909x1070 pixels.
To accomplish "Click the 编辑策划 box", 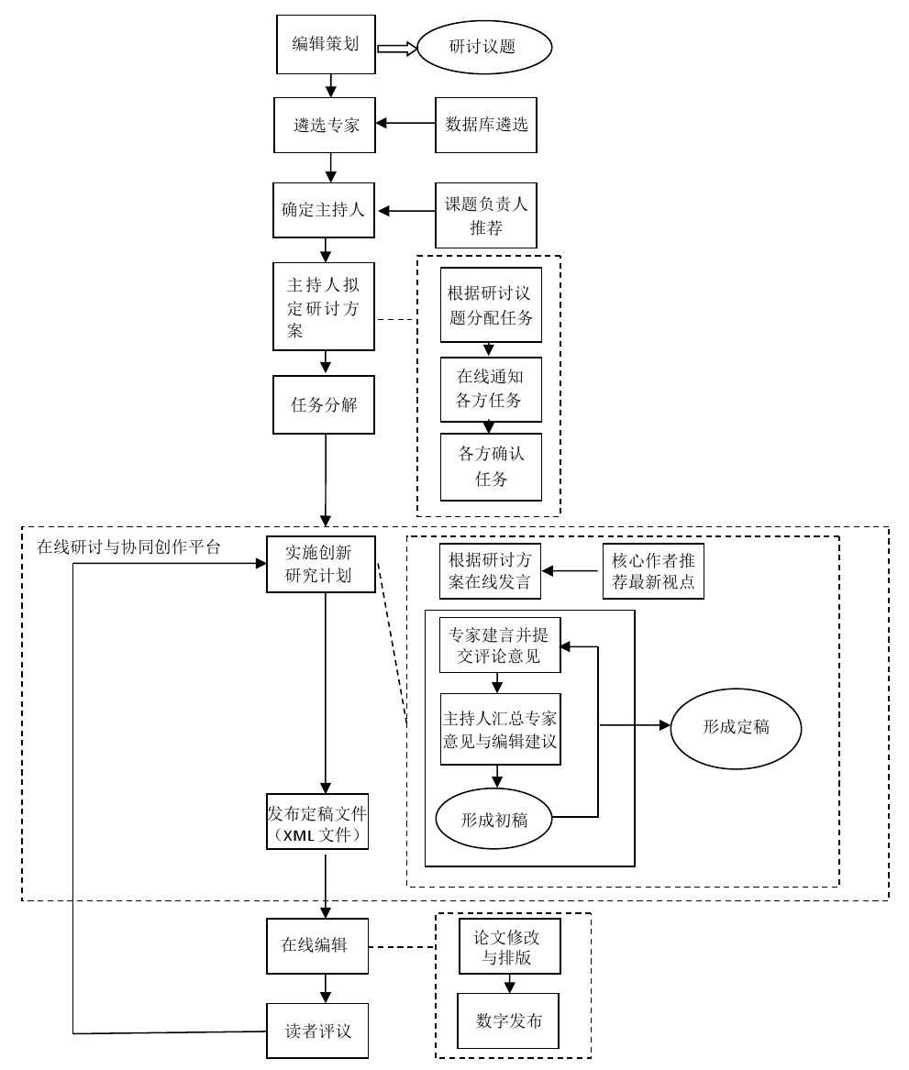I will (326, 44).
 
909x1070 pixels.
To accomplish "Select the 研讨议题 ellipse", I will (483, 47).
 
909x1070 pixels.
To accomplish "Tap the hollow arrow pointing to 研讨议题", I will (396, 49).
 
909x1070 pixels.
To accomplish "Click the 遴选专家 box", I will (326, 125).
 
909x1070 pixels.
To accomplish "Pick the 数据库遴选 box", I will (486, 125).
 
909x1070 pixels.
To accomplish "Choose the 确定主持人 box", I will (323, 210).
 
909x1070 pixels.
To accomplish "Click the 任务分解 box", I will (325, 404).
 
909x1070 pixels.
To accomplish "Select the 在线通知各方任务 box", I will (491, 389).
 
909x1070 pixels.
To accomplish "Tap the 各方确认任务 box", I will (491, 467).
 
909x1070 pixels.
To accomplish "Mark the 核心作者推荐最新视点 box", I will (652, 571).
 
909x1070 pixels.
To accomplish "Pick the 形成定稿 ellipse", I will (736, 728).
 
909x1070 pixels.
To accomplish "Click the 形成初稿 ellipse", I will (493, 820).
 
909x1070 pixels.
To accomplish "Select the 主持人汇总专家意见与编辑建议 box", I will (500, 729).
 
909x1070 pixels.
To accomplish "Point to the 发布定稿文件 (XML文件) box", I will (317, 822).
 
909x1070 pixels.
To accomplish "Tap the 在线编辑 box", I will (317, 945).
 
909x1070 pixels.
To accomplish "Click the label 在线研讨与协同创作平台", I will (128, 547).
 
